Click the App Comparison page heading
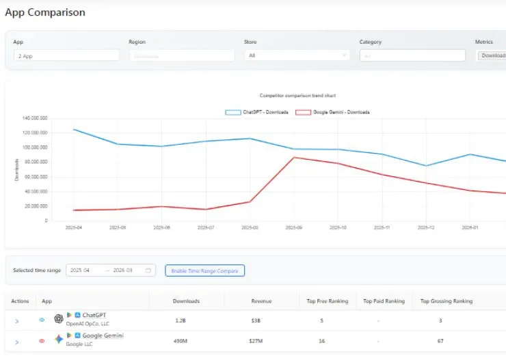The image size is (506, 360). tap(45, 12)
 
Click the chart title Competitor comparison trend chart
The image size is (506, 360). tap(297, 96)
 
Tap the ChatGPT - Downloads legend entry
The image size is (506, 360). tap(256, 112)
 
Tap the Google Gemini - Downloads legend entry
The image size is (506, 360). tap(332, 112)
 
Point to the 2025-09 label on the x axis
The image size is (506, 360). tap(293, 227)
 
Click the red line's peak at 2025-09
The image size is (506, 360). tap(293, 157)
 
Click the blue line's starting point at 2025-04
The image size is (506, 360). tap(73, 129)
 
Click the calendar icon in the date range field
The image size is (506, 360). tap(148, 271)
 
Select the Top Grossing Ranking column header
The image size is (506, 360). tap(446, 301)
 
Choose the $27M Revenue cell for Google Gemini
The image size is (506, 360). tap(256, 340)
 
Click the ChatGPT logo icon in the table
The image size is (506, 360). tap(59, 319)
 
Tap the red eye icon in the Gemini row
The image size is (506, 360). tap(42, 340)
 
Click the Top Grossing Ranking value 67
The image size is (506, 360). tap(440, 340)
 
